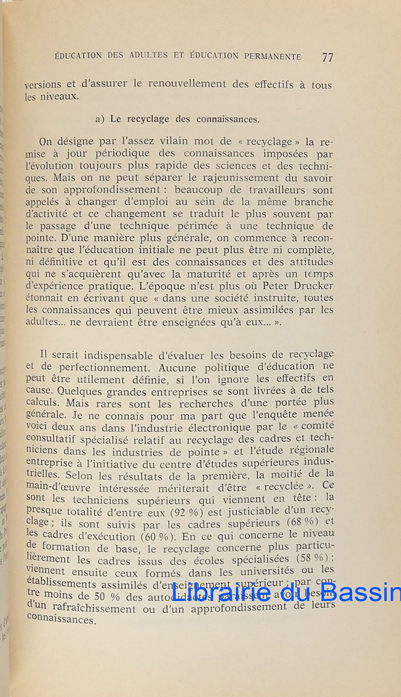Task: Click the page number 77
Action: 327,57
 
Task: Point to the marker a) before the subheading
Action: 99,119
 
